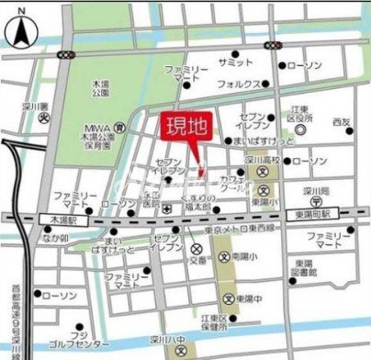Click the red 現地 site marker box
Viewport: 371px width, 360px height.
[x=186, y=127]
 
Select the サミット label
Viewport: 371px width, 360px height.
[x=234, y=62]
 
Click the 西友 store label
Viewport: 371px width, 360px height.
[x=342, y=122]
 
